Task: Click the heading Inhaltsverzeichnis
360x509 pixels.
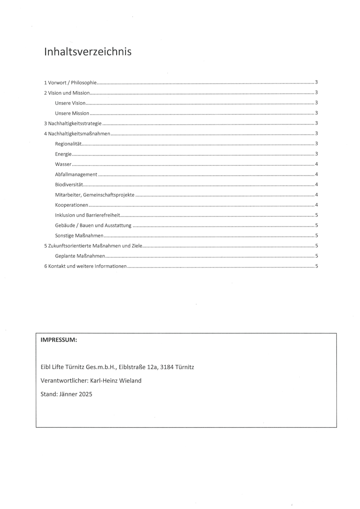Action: tap(88, 51)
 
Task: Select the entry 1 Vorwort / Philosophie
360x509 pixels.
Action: tap(70, 82)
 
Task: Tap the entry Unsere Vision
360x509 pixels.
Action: tap(70, 103)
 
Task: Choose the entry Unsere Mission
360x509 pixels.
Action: tap(72, 113)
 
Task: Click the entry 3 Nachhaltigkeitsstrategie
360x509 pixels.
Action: tap(73, 123)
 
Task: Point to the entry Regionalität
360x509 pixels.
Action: tap(68, 144)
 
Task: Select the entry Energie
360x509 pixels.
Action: tap(63, 154)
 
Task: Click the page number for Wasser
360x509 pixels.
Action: tap(316, 164)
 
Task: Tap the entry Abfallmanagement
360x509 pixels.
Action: tap(76, 174)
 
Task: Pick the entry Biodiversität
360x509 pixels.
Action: tap(69, 185)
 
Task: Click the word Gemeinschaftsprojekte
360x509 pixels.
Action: tap(108, 195)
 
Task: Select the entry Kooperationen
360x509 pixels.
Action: tap(72, 205)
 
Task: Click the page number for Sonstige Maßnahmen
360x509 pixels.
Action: tap(316, 235)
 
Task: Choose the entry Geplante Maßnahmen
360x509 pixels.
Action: tap(80, 256)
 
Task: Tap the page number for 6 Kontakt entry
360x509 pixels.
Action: tap(316, 266)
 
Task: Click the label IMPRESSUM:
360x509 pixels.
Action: tap(59, 340)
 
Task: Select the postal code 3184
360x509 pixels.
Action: tap(167, 367)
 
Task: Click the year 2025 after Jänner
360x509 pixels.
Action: tap(85, 394)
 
